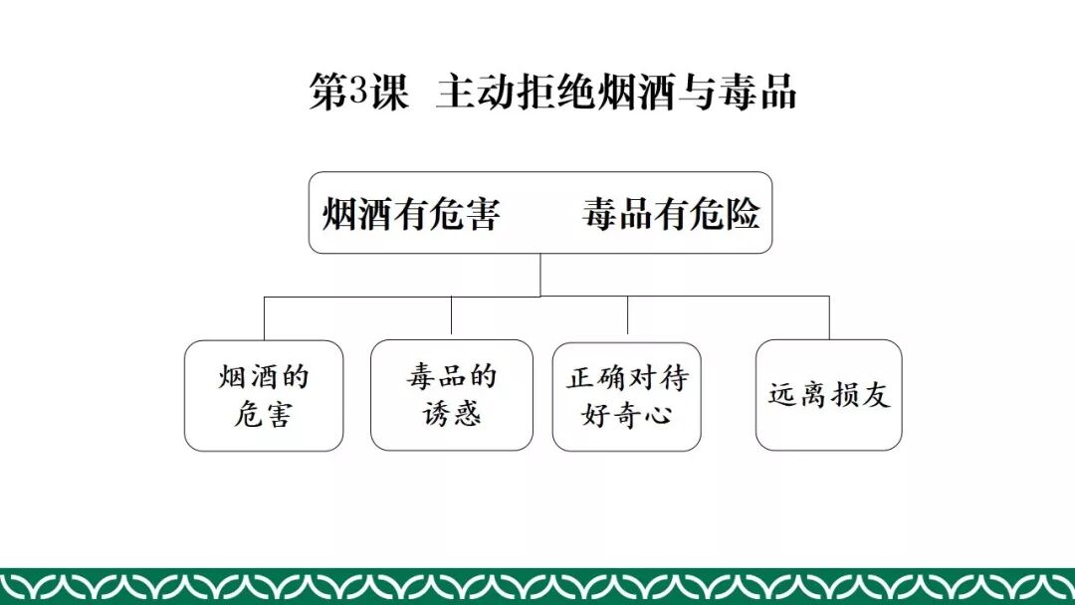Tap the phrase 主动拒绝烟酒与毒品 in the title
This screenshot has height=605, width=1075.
[616, 93]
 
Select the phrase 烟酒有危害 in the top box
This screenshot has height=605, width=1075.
[410, 214]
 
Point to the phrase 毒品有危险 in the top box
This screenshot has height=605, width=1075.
[671, 214]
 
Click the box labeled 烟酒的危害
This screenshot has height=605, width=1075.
[264, 395]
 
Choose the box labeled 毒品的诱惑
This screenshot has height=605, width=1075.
[452, 395]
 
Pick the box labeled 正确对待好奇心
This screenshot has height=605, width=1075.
[627, 396]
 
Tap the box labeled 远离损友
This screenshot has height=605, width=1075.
[829, 395]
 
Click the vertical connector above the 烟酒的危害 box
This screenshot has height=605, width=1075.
[264, 317]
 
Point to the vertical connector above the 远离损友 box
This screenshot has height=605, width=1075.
[829, 317]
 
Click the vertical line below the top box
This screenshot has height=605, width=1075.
[540, 274]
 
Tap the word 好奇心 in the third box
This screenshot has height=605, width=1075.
[627, 414]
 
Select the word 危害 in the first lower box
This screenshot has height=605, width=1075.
[264, 414]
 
